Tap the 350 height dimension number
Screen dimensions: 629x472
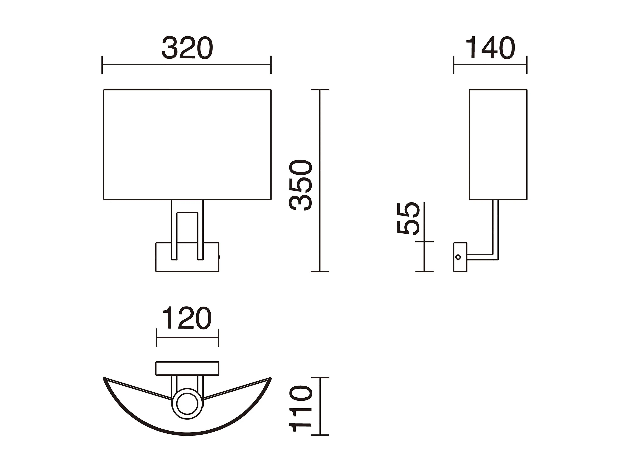click(x=301, y=185)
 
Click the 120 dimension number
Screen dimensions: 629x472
click(x=187, y=318)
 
